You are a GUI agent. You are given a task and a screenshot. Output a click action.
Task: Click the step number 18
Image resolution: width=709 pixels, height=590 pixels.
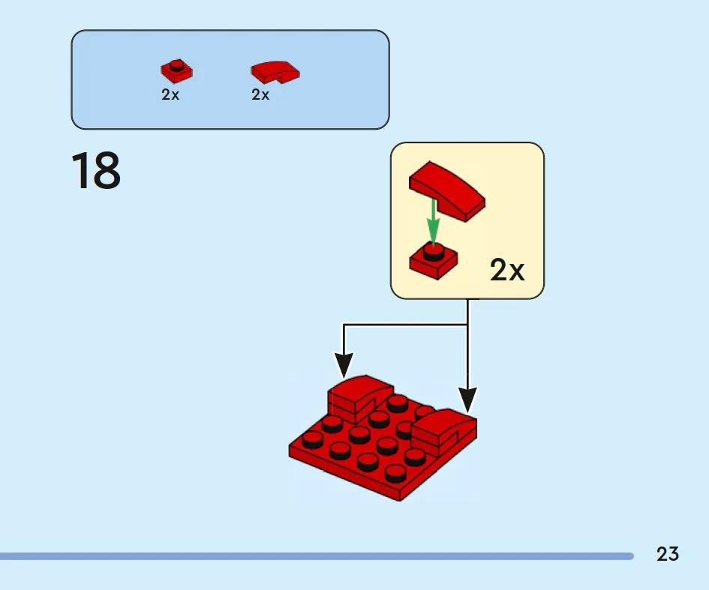coord(96,170)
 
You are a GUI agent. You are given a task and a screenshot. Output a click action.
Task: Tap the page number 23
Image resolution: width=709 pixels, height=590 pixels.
coord(668,554)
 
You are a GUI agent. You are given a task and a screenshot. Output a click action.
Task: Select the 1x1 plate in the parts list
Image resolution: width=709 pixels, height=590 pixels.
coord(176,71)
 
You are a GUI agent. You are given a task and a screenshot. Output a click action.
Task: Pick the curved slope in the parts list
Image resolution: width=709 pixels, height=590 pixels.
coord(275,72)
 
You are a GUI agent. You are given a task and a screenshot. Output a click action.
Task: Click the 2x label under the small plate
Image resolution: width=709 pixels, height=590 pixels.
coord(170,94)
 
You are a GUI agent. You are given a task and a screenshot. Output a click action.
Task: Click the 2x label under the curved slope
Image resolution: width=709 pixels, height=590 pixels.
coord(260,94)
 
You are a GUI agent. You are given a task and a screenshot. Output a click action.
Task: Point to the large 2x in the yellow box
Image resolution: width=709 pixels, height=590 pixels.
coord(507,270)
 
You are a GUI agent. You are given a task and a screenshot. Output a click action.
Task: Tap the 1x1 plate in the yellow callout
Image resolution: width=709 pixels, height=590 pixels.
coord(433,261)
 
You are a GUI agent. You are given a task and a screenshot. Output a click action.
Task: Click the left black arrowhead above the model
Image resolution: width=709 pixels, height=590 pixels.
coord(344,365)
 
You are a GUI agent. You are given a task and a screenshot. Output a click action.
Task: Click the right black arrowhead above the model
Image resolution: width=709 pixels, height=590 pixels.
coord(467,400)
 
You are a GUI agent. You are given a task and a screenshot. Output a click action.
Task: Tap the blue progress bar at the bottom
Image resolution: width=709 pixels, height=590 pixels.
coord(317,556)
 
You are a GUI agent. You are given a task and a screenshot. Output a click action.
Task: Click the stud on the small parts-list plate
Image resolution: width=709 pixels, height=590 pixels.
coord(177,64)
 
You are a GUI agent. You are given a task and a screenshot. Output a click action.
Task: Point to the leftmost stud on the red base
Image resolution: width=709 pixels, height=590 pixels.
coord(312,439)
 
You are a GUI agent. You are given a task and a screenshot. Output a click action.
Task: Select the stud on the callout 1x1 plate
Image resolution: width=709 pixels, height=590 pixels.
coord(433,251)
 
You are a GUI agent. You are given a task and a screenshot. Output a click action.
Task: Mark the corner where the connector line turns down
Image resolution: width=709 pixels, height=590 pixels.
coord(344,325)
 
